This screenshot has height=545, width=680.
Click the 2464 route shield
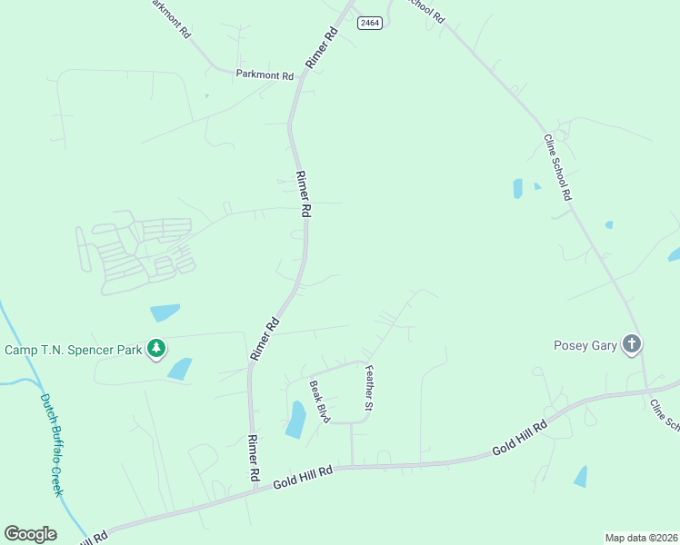click(369, 23)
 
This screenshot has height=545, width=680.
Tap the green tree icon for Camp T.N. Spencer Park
click(156, 349)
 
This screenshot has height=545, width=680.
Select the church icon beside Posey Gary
click(632, 344)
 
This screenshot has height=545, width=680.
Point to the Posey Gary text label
click(585, 345)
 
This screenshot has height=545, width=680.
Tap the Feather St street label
click(369, 388)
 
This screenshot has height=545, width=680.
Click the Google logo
click(30, 534)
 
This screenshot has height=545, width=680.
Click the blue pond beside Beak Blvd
click(295, 419)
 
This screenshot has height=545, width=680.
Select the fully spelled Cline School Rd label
click(557, 167)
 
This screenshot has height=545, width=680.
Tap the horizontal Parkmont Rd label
click(265, 75)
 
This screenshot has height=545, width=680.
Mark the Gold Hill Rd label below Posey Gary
click(519, 438)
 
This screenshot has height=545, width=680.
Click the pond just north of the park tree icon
click(165, 312)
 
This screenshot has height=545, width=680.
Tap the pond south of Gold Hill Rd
click(580, 476)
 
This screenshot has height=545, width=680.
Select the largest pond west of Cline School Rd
click(517, 188)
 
